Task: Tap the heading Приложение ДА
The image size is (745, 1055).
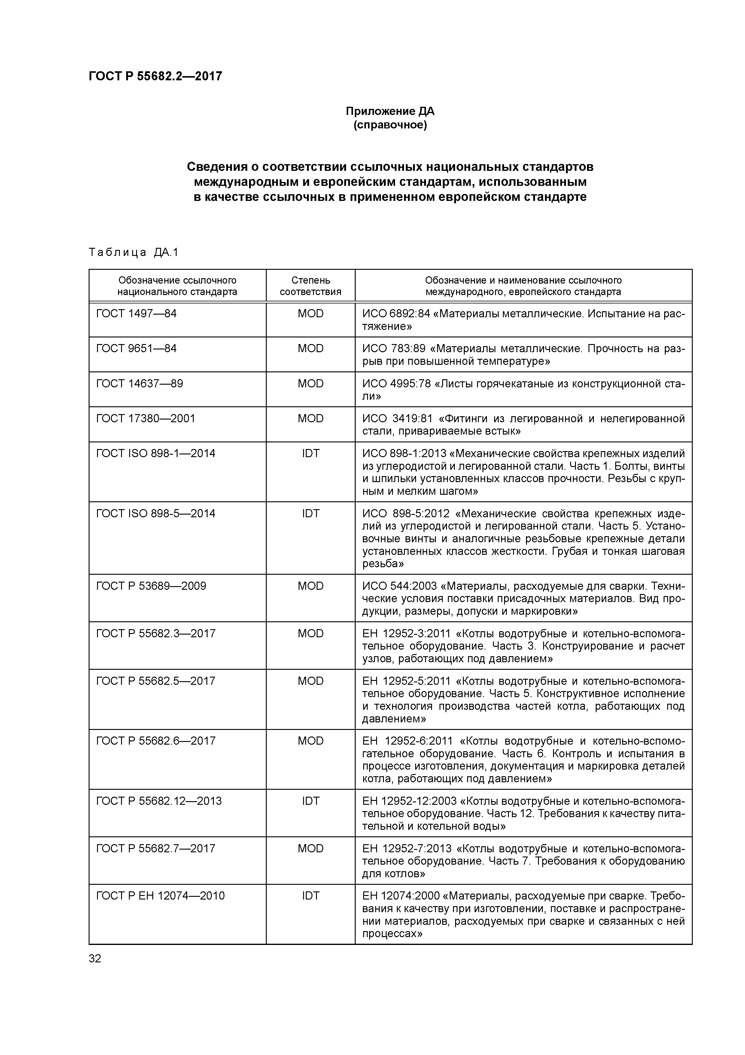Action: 390,111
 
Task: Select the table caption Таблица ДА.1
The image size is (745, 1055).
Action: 133,252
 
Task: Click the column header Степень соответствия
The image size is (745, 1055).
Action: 310,286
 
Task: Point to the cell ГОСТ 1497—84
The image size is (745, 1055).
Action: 136,314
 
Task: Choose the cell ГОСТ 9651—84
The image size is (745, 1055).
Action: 136,349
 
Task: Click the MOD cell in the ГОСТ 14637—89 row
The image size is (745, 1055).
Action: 310,384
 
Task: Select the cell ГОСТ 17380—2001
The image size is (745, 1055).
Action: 145,419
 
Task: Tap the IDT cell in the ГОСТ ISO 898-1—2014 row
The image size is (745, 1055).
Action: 310,454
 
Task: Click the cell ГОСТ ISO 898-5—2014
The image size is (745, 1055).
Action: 156,514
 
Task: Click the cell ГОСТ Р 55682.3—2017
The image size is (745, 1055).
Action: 156,634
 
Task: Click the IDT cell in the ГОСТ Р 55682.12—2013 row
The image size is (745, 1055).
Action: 310,801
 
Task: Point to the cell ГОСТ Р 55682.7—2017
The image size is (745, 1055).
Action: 156,849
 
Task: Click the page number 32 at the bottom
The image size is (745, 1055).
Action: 95,958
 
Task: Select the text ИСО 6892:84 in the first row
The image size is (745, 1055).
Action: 396,314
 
